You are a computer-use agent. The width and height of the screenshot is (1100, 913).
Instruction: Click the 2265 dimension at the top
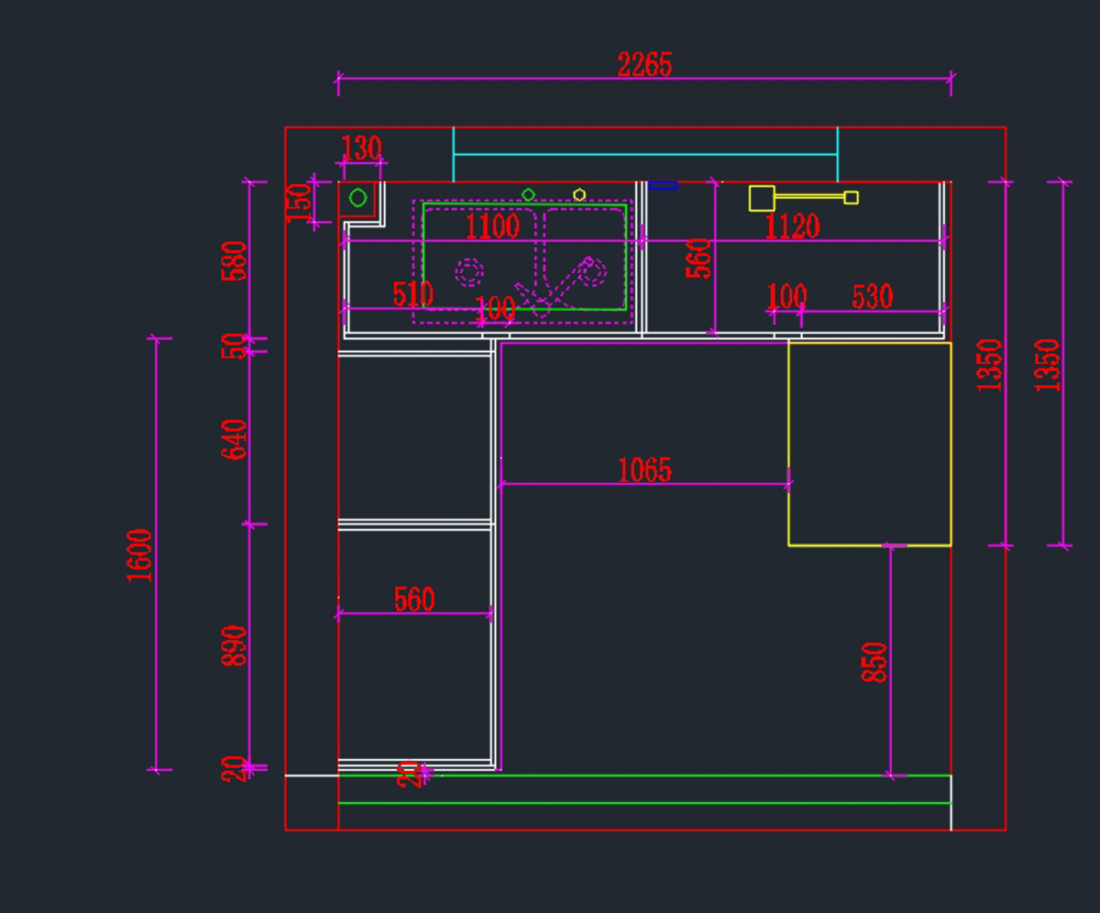(x=644, y=65)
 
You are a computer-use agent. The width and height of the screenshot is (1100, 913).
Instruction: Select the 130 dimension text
(x=360, y=148)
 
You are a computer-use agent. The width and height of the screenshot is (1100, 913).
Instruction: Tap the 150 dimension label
(x=300, y=202)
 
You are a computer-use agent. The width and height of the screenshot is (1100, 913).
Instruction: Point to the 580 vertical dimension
(x=235, y=260)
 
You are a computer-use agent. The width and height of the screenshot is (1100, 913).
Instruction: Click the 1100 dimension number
(x=492, y=226)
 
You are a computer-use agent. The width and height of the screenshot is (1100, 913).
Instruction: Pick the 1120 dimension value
(x=792, y=226)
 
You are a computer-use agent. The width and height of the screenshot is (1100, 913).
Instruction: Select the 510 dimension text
(x=412, y=294)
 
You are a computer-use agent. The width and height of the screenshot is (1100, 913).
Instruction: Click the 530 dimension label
(x=872, y=296)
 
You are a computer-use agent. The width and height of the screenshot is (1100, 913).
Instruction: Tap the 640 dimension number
(x=235, y=439)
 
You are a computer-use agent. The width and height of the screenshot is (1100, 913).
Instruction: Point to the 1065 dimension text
(x=644, y=470)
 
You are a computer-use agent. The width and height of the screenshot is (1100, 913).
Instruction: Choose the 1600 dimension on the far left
(x=139, y=555)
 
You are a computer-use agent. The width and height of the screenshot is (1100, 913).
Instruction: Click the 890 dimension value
(x=235, y=645)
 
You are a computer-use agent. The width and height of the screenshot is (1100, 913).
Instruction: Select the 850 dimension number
(x=874, y=662)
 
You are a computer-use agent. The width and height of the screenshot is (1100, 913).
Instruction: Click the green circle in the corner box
(x=358, y=198)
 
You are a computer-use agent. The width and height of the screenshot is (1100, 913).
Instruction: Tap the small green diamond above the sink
(x=528, y=194)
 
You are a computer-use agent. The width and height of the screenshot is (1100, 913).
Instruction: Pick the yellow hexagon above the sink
(x=579, y=194)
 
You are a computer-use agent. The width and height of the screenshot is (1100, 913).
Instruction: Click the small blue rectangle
(x=663, y=185)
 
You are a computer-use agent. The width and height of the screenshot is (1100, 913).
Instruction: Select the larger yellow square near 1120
(x=762, y=198)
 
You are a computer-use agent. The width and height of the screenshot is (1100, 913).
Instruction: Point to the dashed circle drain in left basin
(x=469, y=271)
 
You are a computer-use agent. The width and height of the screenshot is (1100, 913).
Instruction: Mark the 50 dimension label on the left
(x=235, y=346)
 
